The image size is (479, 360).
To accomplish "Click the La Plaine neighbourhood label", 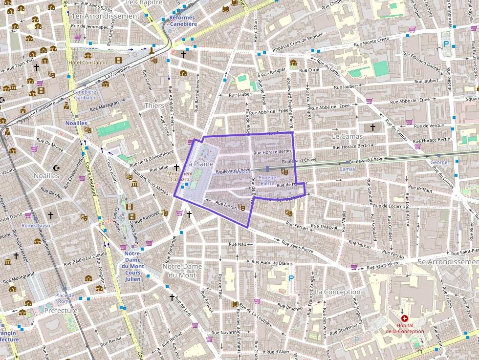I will [199, 164].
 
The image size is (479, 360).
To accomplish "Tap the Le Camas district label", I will [347, 136].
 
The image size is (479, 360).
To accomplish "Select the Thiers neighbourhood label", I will [154, 106].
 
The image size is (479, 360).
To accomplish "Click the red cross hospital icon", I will [404, 318].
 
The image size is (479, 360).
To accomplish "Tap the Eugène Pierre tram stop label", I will [267, 180].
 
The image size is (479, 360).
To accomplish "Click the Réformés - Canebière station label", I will [183, 21].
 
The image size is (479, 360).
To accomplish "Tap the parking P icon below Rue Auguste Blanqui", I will [291, 278].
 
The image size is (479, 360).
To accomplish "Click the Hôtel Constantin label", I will [88, 63].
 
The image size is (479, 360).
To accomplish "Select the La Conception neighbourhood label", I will [338, 292].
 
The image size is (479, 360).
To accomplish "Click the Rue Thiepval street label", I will [324, 227].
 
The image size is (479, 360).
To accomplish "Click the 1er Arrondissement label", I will [106, 16].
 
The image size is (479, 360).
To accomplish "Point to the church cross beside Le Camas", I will [373, 127].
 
